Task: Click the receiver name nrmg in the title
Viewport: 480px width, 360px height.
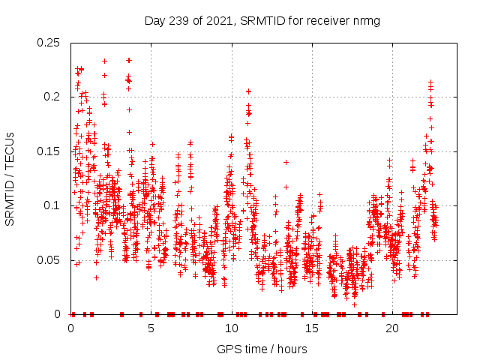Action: point(365,21)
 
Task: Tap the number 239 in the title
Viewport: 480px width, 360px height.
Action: point(178,21)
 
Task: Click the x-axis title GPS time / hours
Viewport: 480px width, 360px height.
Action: point(262,349)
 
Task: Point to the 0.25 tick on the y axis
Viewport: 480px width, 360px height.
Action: point(50,43)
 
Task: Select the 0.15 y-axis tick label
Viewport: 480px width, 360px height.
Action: point(50,151)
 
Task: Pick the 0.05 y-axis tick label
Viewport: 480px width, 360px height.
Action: point(50,260)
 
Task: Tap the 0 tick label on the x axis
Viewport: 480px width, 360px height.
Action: point(71,328)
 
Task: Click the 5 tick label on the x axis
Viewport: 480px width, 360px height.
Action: point(151,328)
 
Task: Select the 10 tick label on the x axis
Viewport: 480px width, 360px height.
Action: point(232,328)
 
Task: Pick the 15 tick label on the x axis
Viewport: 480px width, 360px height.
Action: point(312,328)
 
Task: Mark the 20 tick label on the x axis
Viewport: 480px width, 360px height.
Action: point(392,328)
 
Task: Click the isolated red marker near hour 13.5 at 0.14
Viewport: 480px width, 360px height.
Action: point(286,162)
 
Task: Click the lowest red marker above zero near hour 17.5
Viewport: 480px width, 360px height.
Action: point(354,304)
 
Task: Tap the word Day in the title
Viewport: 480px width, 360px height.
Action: point(155,21)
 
